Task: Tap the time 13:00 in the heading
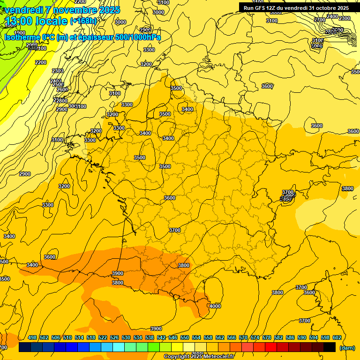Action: pyautogui.click(x=19, y=21)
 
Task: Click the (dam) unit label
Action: pyautogui.click(x=347, y=347)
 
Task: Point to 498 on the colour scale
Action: pyautogui.click(x=32, y=337)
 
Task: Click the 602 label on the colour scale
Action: pyautogui.click(x=337, y=337)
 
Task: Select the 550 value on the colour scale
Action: pyautogui.click(x=185, y=337)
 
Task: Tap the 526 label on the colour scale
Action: pyautogui.click(x=114, y=337)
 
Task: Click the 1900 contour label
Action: pyautogui.click(x=20, y=33)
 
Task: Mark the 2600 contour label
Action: pyautogui.click(x=62, y=90)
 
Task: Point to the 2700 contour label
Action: pyautogui.click(x=320, y=20)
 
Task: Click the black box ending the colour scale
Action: pyautogui.click(x=330, y=347)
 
